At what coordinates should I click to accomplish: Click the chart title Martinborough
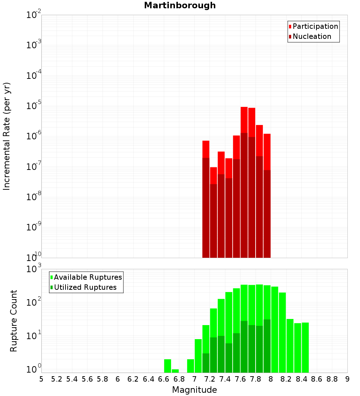[180, 5]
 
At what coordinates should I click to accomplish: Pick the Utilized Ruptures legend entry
[85, 287]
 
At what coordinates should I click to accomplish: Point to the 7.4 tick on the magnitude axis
[225, 379]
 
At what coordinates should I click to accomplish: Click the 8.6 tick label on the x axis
[317, 379]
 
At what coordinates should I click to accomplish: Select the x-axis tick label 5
[41, 379]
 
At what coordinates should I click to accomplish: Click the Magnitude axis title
[194, 390]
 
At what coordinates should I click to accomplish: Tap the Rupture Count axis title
[14, 320]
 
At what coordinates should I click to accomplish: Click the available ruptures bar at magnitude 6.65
[167, 366]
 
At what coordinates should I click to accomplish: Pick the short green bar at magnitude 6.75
[175, 371]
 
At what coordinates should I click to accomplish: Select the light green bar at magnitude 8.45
[305, 347]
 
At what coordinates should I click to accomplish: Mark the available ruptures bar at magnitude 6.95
[190, 366]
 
